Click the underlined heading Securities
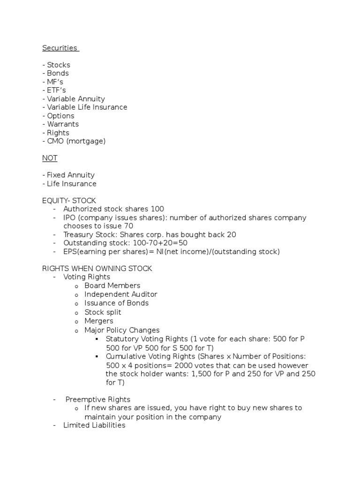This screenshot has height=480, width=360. tap(60, 48)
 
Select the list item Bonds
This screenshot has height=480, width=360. tap(58, 73)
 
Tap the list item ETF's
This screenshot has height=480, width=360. tap(55, 90)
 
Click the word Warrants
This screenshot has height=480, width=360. tap(63, 124)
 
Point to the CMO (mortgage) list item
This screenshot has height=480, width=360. tap(76, 141)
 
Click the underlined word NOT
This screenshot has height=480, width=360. tap(50, 158)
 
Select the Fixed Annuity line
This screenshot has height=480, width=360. tap(70, 175)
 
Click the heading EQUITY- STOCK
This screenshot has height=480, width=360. tap(69, 201)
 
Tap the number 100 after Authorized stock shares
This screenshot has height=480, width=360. tap(158, 209)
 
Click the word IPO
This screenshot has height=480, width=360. tap(69, 217)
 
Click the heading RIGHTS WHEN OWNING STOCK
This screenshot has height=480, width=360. tap(97, 269)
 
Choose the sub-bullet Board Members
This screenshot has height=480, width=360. tap(112, 285)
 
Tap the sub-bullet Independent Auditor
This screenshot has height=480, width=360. tap(120, 294)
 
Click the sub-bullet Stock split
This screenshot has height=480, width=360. tap(103, 312)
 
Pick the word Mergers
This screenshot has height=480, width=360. tap(98, 321)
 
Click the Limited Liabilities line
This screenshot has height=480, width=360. tap(94, 425)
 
